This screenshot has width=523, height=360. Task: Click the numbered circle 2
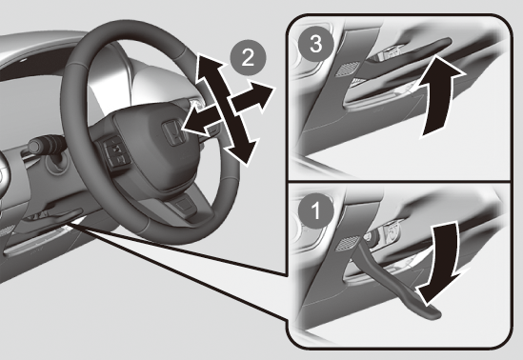(248, 58)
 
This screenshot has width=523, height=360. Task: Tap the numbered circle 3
(315, 45)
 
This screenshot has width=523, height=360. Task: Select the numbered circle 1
(315, 210)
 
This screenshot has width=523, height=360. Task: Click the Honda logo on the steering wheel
(172, 132)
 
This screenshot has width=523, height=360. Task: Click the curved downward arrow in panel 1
(440, 263)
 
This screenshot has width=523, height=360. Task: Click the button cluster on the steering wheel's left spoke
(114, 152)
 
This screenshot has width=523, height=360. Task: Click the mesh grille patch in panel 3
(347, 69)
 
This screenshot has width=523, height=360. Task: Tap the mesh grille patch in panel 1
(347, 245)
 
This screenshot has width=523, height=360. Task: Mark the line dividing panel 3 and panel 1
(399, 182)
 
